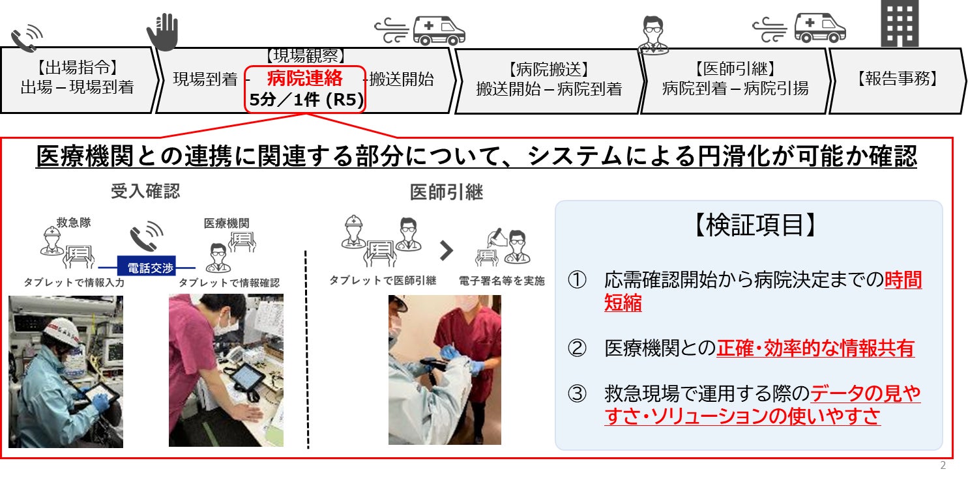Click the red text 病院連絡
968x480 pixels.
304,78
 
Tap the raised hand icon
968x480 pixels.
163,32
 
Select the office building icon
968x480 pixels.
900,23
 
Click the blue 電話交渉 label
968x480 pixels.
147,267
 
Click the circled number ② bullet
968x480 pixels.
577,348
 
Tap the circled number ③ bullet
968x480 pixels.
577,393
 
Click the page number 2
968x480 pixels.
943,465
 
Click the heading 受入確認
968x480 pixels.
145,191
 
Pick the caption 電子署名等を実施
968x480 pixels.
501,281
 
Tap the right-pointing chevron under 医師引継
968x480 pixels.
446,250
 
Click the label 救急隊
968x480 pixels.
74,222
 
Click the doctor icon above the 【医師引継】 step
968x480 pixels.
653,35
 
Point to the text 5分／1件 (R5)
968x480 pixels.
306,100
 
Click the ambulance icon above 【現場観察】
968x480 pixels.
439,31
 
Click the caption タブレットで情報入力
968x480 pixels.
74,283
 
